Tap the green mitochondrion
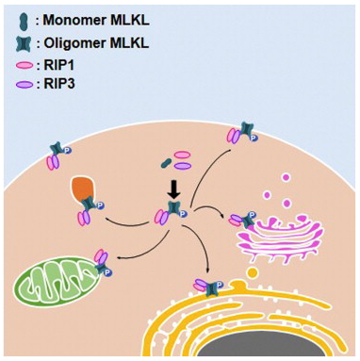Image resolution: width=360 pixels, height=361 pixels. pos(57,282)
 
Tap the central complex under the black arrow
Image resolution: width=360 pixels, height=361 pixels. pos(171,216)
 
